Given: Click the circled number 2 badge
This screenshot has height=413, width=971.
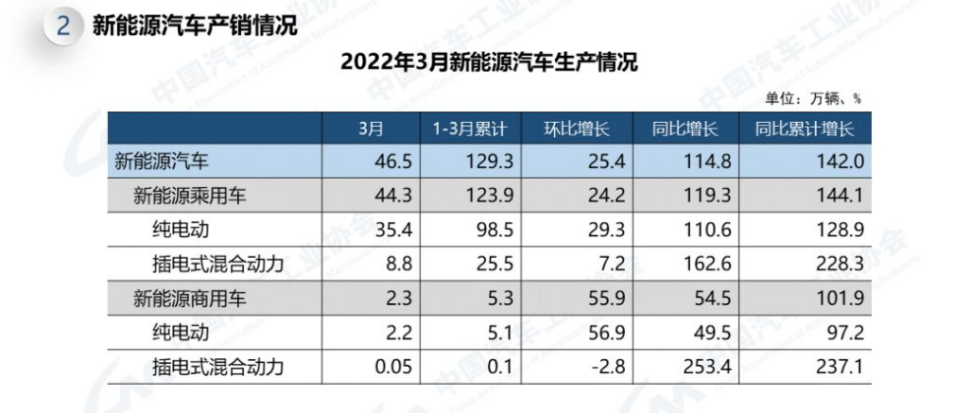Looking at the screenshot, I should pos(63,26).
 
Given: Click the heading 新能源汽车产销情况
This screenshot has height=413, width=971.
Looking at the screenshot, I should pos(194,26).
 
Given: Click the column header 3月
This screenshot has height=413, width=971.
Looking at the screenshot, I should pos(371,128).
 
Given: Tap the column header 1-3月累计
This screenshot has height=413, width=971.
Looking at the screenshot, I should pos(472,128).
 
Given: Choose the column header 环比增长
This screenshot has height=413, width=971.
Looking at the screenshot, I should pos(579,128).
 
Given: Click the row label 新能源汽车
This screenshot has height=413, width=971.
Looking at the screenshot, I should pos(163,162).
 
